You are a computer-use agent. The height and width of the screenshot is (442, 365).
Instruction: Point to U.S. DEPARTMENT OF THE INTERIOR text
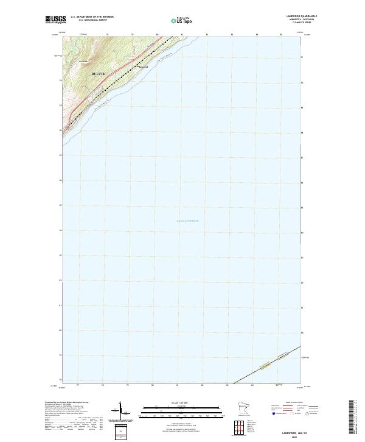[92, 17]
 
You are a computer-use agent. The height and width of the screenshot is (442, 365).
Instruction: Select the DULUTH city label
[98, 74]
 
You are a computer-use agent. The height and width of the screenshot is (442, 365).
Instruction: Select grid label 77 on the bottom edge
[78, 385]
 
